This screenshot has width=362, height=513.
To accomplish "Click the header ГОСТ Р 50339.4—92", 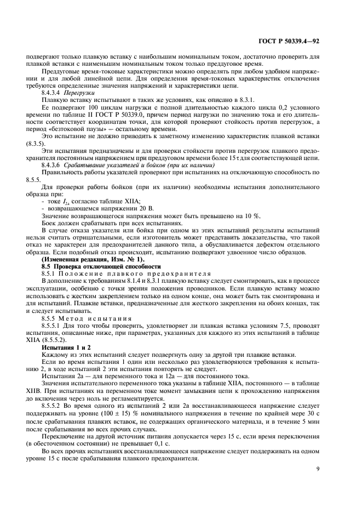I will click(x=311, y=40).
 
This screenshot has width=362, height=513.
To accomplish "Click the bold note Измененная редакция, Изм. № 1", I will click(x=93, y=243).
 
